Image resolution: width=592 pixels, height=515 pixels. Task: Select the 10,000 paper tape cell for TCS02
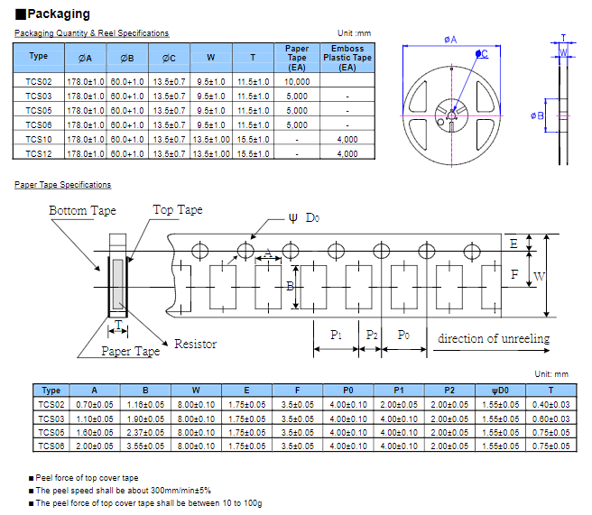[x=297, y=81]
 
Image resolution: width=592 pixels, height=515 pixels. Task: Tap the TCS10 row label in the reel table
[x=38, y=140]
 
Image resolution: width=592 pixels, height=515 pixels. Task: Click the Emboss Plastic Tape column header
[x=347, y=58]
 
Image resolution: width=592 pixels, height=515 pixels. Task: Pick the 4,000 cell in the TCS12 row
[x=347, y=154]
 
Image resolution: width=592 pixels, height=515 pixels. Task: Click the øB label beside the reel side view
[x=538, y=115]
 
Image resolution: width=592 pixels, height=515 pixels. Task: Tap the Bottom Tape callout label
[x=82, y=211]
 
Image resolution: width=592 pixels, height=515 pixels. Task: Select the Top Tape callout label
[x=178, y=210]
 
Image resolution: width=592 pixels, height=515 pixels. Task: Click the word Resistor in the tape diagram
[x=195, y=344]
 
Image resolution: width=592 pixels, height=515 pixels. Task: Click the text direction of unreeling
[x=494, y=338]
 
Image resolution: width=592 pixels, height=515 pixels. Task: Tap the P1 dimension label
[x=337, y=335]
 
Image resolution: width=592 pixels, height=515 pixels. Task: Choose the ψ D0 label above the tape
[x=303, y=217]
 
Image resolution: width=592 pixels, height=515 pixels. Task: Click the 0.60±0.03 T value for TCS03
[x=550, y=418]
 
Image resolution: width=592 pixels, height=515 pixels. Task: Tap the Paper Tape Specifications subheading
[x=63, y=185]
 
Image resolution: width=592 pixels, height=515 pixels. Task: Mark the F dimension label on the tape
[x=514, y=275]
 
